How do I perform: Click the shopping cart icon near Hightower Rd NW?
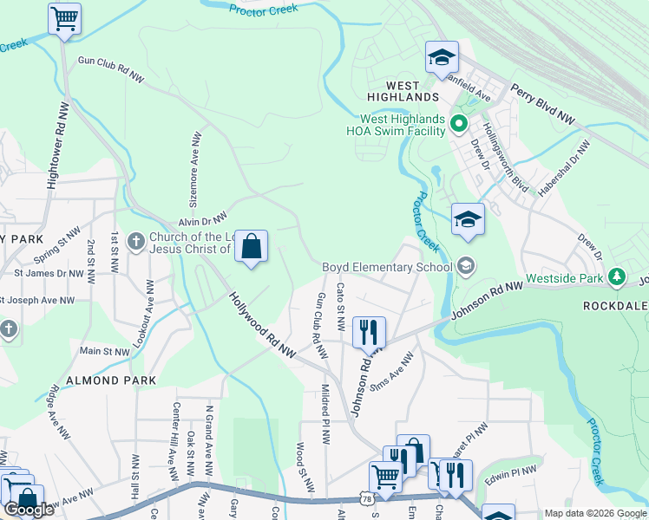tap(64, 18)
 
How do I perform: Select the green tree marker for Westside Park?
tap(617, 276)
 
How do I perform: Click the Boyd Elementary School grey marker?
tap(467, 266)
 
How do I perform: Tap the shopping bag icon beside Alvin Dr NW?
tap(251, 246)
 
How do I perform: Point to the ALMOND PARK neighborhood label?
tap(111, 380)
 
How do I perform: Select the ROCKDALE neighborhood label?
tap(615, 305)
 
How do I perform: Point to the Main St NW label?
tap(104, 351)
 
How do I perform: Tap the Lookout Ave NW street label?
tap(150, 311)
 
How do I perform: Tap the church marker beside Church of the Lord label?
tap(135, 241)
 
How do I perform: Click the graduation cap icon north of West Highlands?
tap(441, 58)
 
